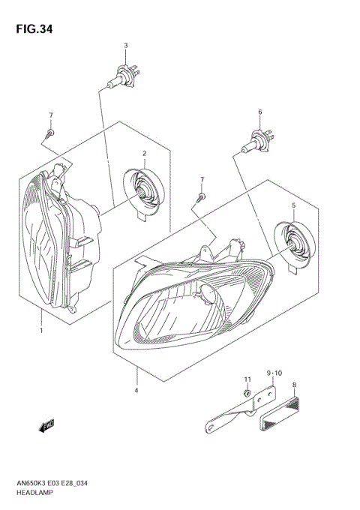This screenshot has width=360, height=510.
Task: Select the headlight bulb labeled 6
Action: [259, 140]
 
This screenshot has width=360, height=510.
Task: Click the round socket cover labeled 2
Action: [142, 193]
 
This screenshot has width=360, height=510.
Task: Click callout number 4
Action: [136, 390]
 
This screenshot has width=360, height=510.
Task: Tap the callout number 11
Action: [247, 381]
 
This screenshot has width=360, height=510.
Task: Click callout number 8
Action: [295, 384]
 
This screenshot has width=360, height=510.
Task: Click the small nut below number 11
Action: [247, 394]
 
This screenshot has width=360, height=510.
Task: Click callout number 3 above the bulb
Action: [125, 46]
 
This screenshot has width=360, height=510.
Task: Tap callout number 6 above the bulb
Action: [259, 112]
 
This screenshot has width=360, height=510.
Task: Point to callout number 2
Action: [143, 153]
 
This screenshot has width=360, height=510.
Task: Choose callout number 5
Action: [294, 205]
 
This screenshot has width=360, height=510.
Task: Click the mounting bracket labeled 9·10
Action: [240, 412]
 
